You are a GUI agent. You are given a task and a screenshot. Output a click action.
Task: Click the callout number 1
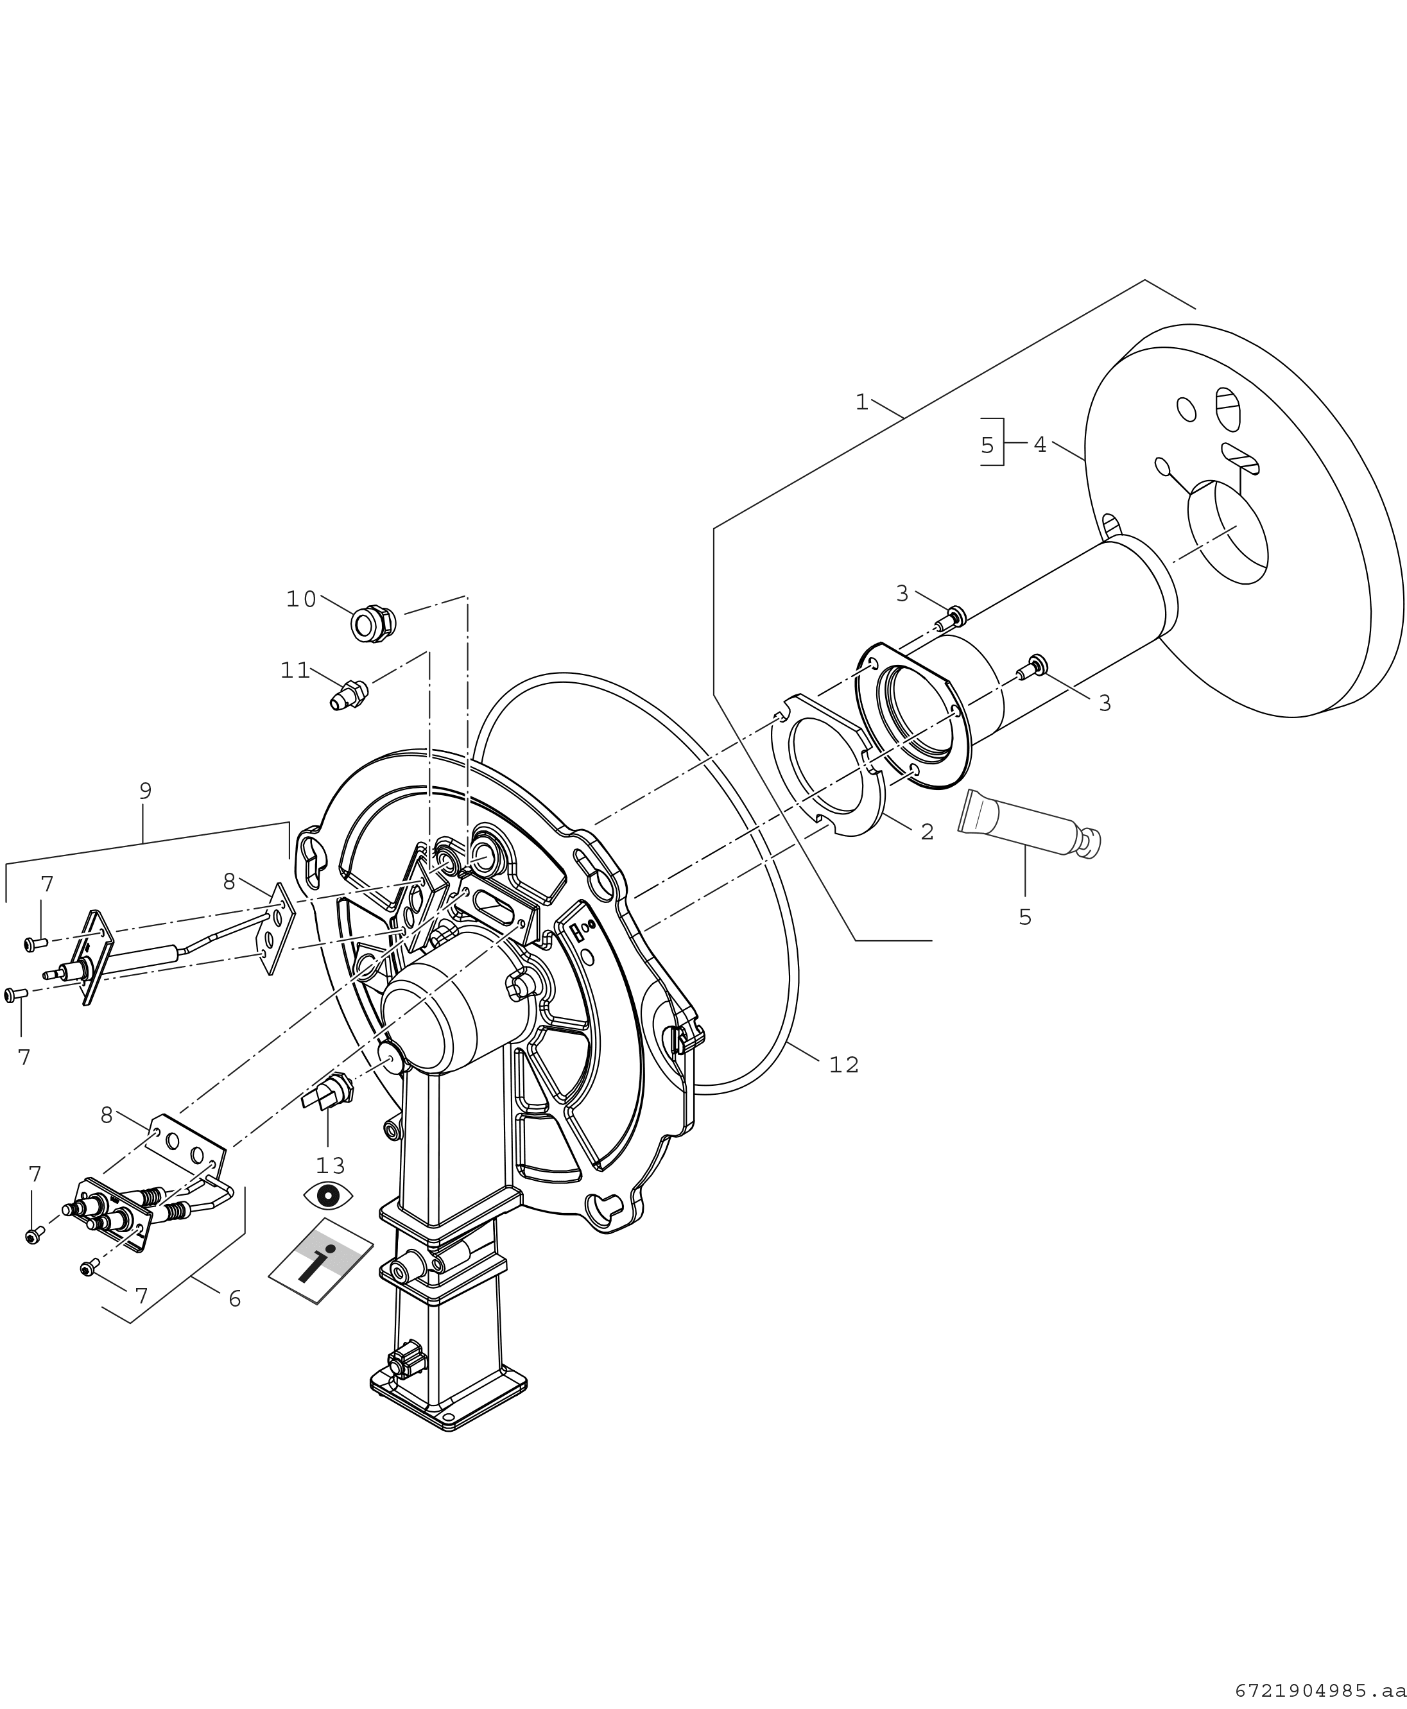pos(861,402)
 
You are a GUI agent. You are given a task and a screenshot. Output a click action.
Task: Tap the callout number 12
pos(843,1065)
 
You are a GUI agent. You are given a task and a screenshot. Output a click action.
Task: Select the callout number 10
pos(300,599)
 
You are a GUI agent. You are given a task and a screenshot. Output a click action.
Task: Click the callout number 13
pos(330,1165)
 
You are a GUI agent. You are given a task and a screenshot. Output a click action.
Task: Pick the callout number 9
pos(145,790)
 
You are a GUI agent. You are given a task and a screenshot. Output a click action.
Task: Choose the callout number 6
pos(234,1299)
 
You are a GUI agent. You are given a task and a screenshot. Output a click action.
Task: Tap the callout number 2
pos(926,832)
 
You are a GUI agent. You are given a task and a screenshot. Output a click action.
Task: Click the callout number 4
pos(1040,444)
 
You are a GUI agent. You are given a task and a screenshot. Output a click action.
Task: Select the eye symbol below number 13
pos(328,1195)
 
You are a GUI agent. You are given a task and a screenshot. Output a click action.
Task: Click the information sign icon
pos(321,1260)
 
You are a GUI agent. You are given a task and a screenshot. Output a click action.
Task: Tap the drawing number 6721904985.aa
pos(1320,1691)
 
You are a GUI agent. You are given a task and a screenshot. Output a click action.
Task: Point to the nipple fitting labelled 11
pos(349,694)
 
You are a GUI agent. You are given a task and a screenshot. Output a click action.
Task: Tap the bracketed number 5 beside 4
pos(987,445)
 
